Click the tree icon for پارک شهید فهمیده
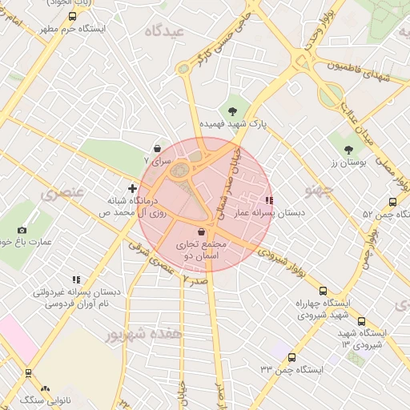coord(233,111)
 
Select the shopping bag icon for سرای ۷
coord(156,148)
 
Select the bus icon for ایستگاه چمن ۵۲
coord(392,202)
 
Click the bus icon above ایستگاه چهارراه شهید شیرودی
coord(323,291)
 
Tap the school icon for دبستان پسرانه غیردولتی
coord(77,279)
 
